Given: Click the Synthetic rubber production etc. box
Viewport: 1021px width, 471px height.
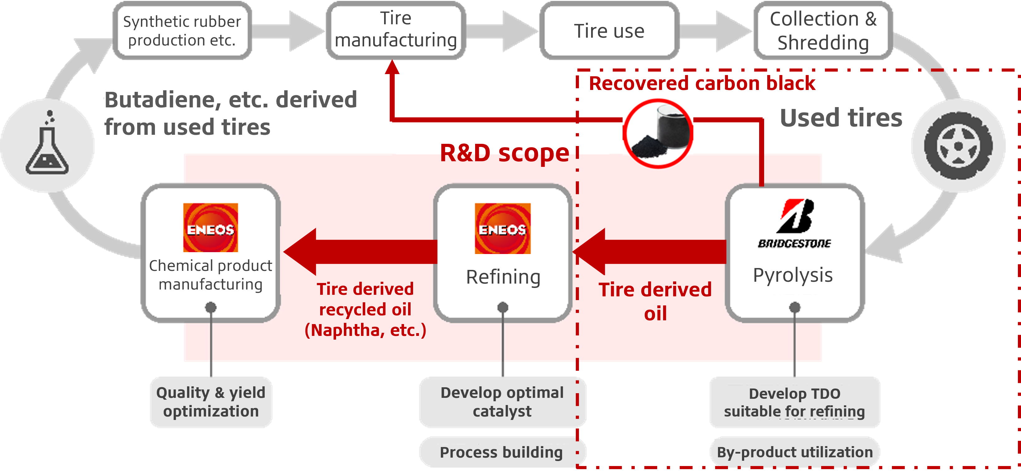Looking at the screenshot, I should [x=182, y=31].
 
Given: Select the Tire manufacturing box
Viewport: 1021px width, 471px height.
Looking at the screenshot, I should [x=396, y=30].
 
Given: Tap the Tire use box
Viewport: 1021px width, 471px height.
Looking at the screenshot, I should [x=609, y=31].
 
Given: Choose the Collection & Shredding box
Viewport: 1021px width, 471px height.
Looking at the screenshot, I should [x=823, y=31].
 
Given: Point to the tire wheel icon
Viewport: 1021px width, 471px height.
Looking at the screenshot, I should [x=958, y=146].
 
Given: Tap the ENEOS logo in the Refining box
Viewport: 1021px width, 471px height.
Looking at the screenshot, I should [x=503, y=228].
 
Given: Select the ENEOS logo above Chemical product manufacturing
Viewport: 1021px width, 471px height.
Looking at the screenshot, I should [x=210, y=228].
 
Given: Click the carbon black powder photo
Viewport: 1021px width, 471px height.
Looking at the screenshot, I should [x=658, y=133].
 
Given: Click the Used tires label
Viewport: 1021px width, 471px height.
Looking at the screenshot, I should [x=841, y=118].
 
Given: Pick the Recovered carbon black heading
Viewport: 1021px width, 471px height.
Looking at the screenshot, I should [x=702, y=83].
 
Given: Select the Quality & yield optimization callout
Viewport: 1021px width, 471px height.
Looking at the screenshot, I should [x=211, y=402].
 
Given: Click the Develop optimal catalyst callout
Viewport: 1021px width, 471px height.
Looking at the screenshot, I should [x=502, y=402].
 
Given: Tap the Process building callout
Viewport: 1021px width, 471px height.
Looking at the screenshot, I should [x=501, y=452].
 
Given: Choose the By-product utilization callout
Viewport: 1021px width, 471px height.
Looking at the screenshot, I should [x=795, y=452].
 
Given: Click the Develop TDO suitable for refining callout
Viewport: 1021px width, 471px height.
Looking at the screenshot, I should [x=795, y=402].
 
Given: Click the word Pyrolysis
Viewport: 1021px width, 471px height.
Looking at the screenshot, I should [x=793, y=275].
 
